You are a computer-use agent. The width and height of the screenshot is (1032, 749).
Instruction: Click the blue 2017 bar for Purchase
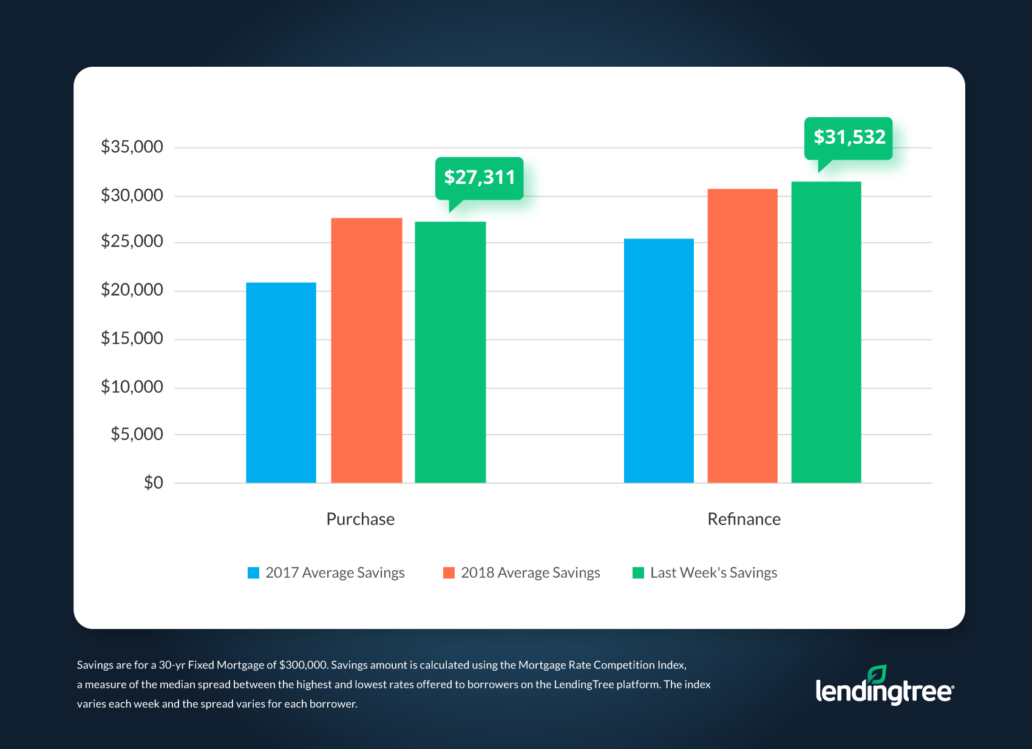[x=281, y=382]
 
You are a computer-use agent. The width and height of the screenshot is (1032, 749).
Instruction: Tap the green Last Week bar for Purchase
[x=450, y=352]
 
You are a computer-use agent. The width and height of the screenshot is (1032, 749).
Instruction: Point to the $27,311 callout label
[x=479, y=178]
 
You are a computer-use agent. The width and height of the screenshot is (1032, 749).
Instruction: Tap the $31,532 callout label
[x=849, y=138]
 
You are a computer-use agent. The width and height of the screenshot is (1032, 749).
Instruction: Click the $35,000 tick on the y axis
[x=132, y=147]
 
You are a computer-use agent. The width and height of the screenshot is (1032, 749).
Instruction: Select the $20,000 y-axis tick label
[x=132, y=290]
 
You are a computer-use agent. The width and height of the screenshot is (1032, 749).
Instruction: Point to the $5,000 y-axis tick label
[x=137, y=434]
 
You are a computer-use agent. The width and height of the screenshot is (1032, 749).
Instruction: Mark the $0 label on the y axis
[x=153, y=483]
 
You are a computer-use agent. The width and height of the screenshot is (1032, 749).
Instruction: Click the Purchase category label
[x=360, y=519]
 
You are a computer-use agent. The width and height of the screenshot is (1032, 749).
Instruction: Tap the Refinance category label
[x=744, y=519]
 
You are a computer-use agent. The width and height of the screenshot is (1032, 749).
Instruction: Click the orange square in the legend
[x=449, y=573]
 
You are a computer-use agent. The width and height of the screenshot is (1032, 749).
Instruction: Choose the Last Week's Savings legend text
[x=713, y=573]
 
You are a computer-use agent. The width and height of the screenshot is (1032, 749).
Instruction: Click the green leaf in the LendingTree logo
[x=877, y=674]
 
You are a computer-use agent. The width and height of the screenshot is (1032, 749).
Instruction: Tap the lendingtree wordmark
[x=883, y=693]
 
